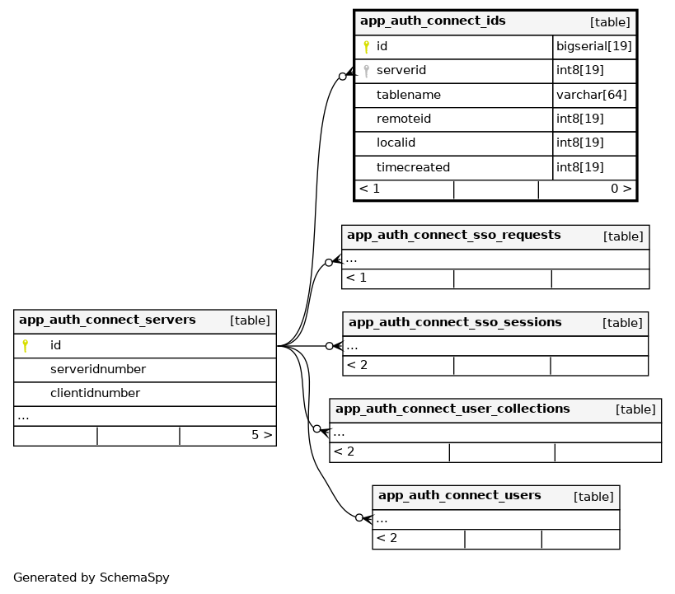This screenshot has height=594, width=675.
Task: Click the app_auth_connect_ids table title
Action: coord(433,21)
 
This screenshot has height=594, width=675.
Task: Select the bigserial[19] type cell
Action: coord(593,47)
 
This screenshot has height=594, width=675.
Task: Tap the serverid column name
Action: coord(401,71)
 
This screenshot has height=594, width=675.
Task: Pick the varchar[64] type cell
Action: coord(591,95)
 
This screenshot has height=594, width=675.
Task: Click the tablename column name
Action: coord(409,95)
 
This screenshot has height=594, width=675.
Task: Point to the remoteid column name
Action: coord(404,119)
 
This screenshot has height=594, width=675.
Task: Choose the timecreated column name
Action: coord(413,167)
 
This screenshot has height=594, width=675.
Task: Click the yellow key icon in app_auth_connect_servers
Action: coord(26,345)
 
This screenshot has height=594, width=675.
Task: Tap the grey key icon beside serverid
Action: coord(366,71)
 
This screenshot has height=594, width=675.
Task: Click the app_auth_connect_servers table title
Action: coord(107,320)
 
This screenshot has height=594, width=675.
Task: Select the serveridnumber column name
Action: coord(98,369)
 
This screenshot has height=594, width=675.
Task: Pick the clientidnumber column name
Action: coord(95,393)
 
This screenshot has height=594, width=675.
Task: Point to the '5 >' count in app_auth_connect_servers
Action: coord(261,435)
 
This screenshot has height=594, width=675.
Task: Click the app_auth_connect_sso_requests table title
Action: coord(453,236)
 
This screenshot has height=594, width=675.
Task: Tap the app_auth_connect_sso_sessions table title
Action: coord(455,323)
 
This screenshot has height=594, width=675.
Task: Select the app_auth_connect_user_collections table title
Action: coord(452,409)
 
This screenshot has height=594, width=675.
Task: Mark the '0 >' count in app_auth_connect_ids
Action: coord(621,189)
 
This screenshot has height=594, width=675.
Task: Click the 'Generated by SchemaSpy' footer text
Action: coord(91,578)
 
